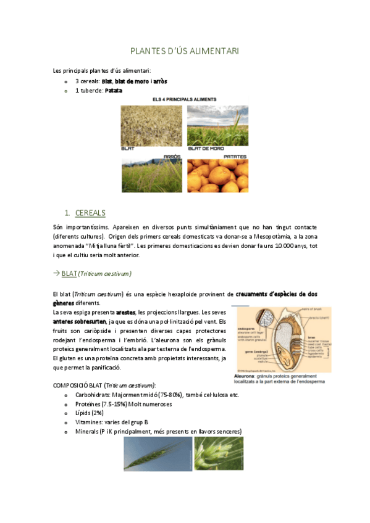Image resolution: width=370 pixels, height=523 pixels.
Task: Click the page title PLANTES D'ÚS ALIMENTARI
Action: (x=185, y=51)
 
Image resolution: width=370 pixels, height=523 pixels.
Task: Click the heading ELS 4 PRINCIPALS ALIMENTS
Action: (x=185, y=99)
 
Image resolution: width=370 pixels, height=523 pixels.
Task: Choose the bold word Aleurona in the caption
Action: (x=245, y=375)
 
